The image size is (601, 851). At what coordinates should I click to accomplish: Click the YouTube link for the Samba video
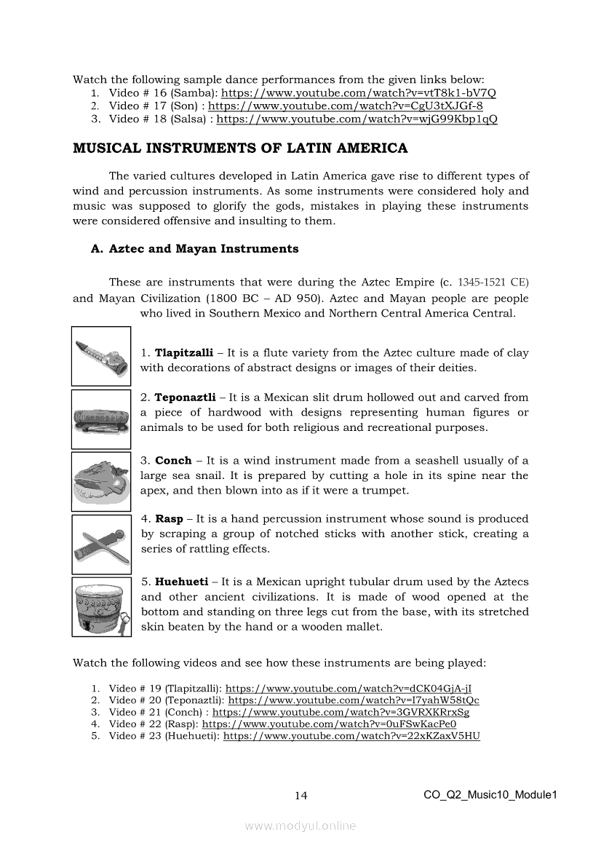click(358, 93)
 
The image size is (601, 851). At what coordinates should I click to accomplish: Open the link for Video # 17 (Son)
click(346, 106)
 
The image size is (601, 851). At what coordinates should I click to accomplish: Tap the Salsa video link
click(357, 119)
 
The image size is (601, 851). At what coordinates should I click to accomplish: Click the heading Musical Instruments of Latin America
click(240, 149)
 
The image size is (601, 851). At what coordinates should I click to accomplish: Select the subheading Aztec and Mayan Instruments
click(194, 249)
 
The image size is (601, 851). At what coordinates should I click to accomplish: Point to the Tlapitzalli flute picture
click(101, 355)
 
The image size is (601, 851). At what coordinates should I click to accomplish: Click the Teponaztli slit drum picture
click(101, 419)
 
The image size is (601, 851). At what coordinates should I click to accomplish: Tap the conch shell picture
click(101, 482)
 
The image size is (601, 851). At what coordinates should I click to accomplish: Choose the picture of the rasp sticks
click(101, 545)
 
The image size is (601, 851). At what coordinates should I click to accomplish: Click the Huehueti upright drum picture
click(101, 607)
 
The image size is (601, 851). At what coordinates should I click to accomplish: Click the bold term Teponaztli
click(185, 397)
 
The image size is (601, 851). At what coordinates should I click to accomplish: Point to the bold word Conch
click(173, 461)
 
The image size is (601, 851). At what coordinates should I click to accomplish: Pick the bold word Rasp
click(169, 519)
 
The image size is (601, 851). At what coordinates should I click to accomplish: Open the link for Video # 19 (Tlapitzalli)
click(353, 688)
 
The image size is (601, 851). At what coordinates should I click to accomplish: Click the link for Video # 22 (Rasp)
click(329, 724)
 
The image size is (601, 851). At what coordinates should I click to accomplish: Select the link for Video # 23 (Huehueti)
click(351, 737)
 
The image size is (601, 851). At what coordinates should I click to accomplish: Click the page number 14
click(300, 796)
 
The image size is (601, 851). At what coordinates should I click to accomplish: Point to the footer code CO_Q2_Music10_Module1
click(490, 795)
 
